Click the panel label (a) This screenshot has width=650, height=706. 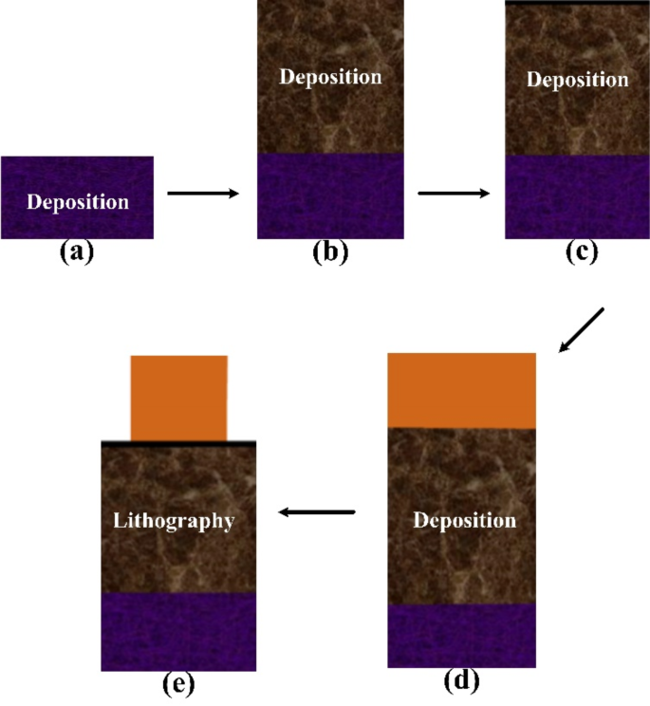(x=77, y=251)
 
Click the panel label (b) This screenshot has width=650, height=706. (x=330, y=251)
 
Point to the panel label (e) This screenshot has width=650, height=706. (x=177, y=685)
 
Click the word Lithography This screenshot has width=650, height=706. (x=173, y=520)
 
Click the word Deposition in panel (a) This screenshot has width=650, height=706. (x=77, y=201)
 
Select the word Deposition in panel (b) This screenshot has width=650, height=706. (x=330, y=76)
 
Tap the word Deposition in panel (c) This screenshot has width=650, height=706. (x=578, y=79)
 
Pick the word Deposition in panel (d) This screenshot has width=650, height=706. (x=465, y=521)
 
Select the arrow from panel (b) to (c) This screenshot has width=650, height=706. (x=454, y=194)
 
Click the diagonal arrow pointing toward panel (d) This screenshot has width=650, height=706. (x=581, y=329)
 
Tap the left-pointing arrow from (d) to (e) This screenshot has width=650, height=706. (x=317, y=512)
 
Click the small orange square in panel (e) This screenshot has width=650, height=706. (x=179, y=398)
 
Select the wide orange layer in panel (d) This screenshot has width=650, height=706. (x=462, y=390)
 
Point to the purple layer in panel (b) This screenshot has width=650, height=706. (x=330, y=195)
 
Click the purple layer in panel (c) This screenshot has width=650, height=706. (x=578, y=196)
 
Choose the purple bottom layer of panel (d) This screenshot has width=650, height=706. (x=462, y=636)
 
